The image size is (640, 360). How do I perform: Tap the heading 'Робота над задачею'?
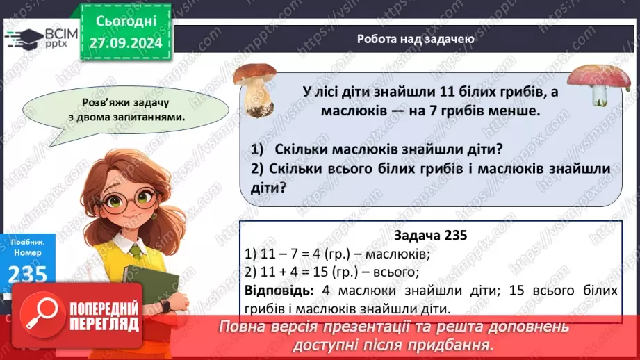[416, 39]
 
